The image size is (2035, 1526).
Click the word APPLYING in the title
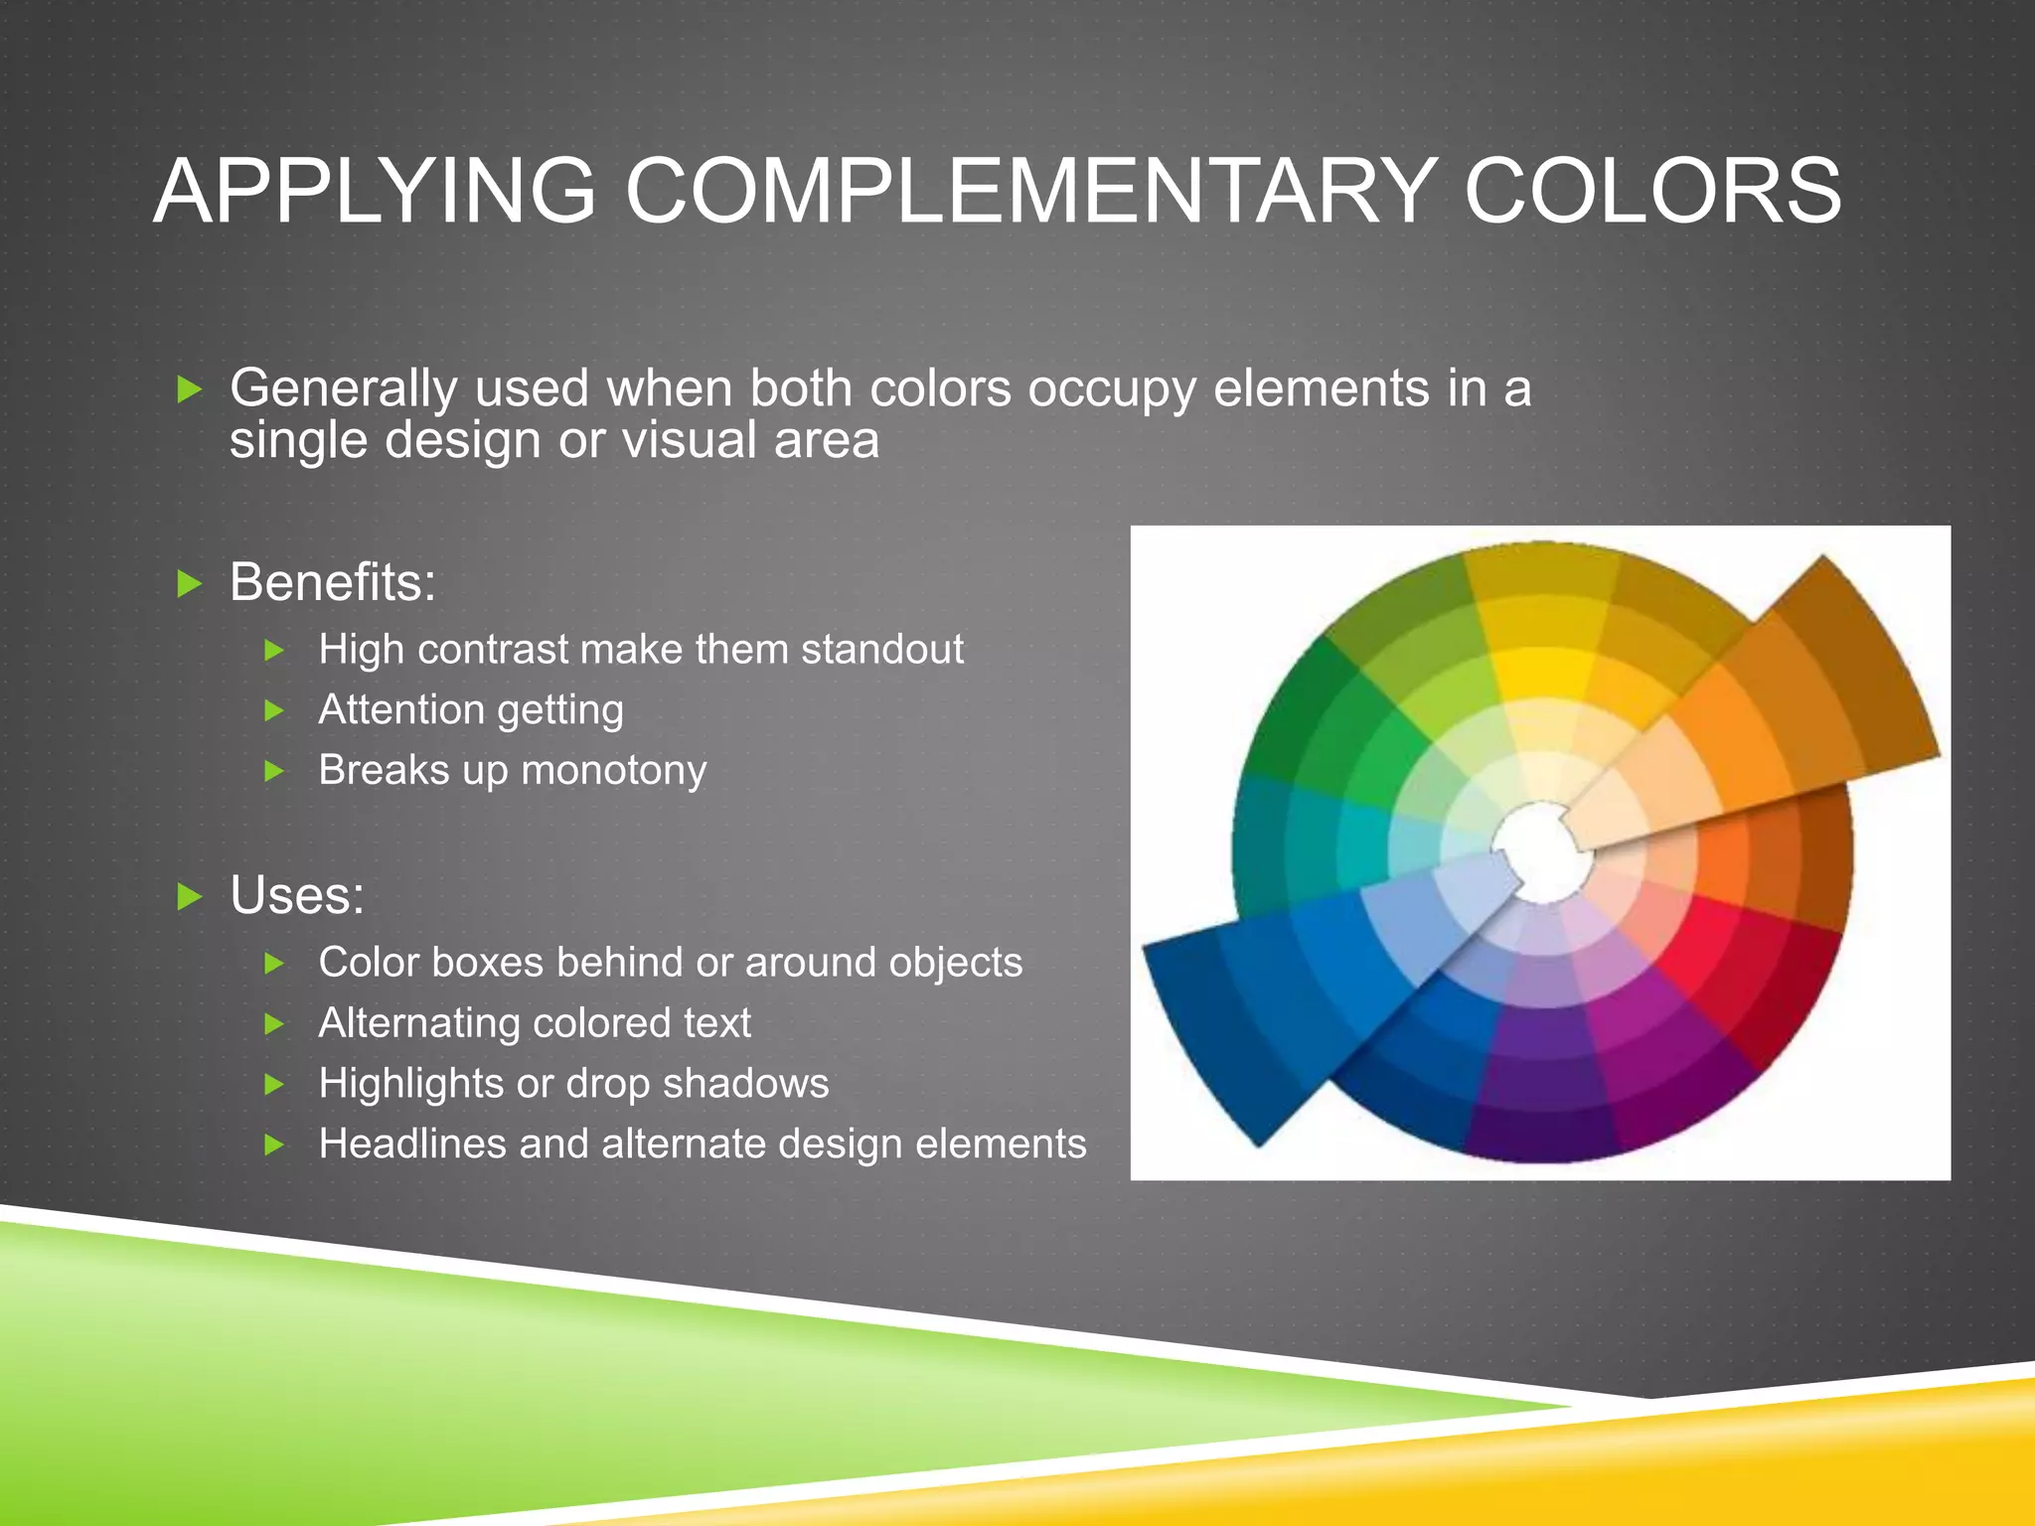[375, 191]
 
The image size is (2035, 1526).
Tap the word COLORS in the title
[1652, 191]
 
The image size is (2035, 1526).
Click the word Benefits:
[333, 582]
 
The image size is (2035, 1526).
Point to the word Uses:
[297, 895]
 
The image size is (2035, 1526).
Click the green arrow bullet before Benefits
[189, 583]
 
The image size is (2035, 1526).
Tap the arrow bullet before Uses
[189, 896]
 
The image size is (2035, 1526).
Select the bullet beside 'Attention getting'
[275, 710]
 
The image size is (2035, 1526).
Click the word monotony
[614, 771]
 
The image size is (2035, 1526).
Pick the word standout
[882, 650]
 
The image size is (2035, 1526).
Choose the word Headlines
[412, 1144]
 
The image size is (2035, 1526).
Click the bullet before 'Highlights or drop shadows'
[275, 1084]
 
